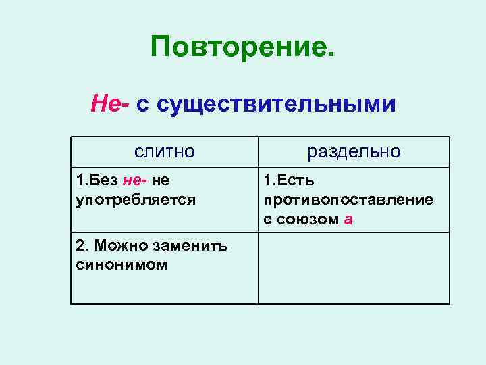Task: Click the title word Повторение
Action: [x=242, y=48]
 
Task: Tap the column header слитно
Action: [x=164, y=151]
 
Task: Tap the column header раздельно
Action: [x=354, y=151]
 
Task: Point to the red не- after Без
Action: [x=135, y=181]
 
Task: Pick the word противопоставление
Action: [x=348, y=200]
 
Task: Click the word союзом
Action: [x=308, y=220]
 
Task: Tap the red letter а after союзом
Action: [x=348, y=220]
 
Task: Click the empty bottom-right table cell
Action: [x=354, y=268]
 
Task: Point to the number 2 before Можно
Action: [x=80, y=247]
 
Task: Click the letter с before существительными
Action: [x=142, y=105]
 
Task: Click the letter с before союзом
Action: [x=268, y=220]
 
